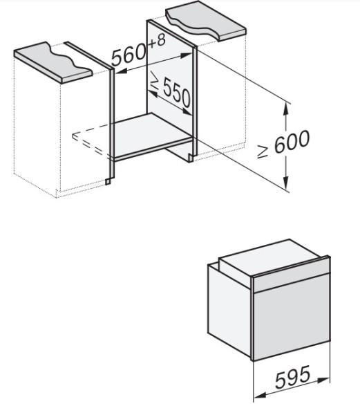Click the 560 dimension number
[x=129, y=57]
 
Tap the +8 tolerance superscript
[x=157, y=41]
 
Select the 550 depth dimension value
[x=176, y=92]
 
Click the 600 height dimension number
[x=292, y=141]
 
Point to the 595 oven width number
[x=292, y=376]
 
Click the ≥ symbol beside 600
[x=263, y=151]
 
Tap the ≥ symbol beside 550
[x=155, y=80]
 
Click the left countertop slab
[x=53, y=62]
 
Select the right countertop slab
[x=206, y=21]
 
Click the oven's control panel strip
[x=292, y=277]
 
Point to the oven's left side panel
[x=229, y=310]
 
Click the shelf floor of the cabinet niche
[x=151, y=134]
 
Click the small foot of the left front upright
[x=108, y=181]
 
